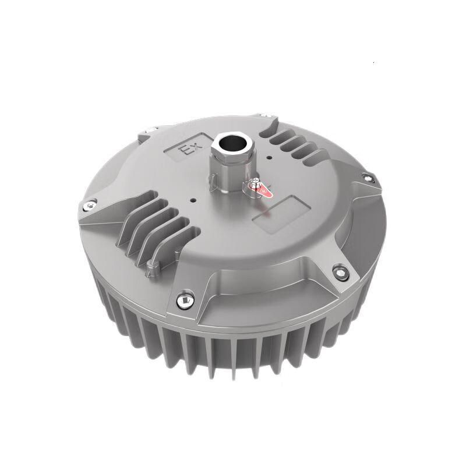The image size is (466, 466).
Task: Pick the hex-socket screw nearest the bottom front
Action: coord(185,299)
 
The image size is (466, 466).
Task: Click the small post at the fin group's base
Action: coord(154,268)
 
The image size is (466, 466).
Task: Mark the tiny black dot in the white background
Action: coord(373,61)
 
